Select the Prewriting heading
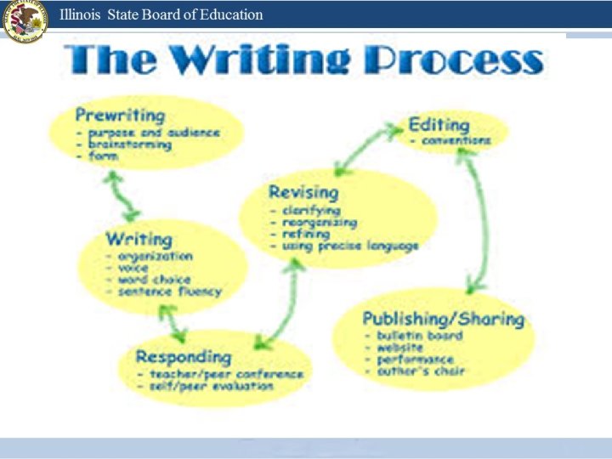tap(119, 114)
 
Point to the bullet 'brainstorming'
tap(127, 144)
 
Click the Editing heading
tap(439, 124)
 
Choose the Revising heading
tap(303, 192)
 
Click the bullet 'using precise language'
tap(348, 246)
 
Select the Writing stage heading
tap(139, 239)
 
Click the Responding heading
tap(183, 356)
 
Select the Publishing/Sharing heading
tap(443, 319)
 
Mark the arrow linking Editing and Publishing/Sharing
tap(476, 221)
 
